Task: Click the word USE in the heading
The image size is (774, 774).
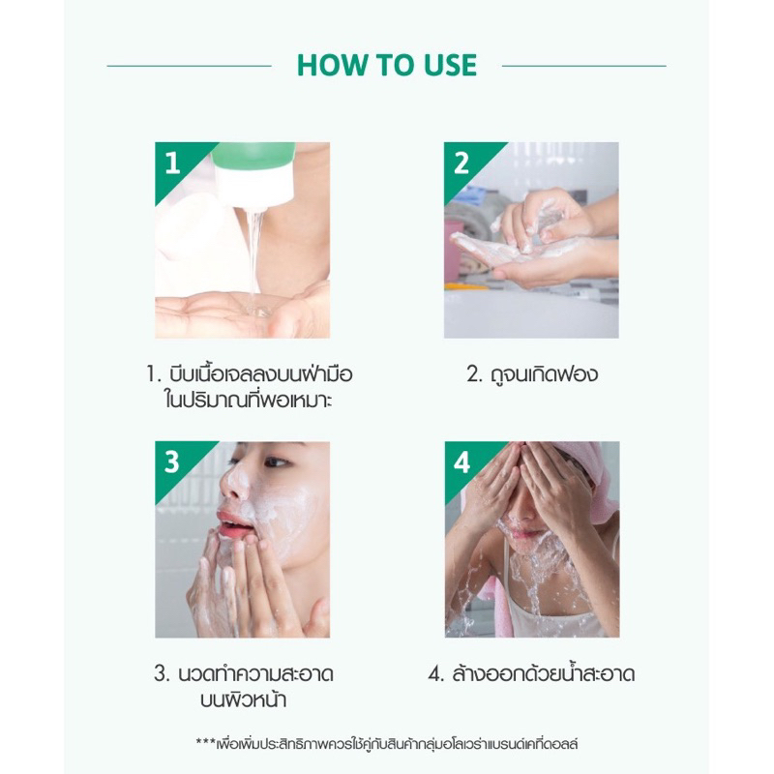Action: pyautogui.click(x=451, y=65)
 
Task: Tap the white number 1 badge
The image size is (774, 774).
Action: pyautogui.click(x=172, y=163)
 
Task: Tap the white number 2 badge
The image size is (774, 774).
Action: pyautogui.click(x=461, y=163)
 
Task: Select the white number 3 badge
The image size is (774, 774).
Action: pyautogui.click(x=172, y=462)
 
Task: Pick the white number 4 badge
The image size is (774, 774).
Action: pyautogui.click(x=461, y=462)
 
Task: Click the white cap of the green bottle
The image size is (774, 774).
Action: pyautogui.click(x=255, y=185)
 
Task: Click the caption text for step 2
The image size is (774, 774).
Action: pyautogui.click(x=531, y=373)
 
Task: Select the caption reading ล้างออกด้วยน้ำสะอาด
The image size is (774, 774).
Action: pyautogui.click(x=531, y=673)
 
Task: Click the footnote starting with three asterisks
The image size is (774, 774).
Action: pyautogui.click(x=386, y=743)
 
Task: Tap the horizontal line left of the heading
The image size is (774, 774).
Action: pyautogui.click(x=189, y=66)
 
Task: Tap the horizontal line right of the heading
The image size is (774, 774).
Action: pyautogui.click(x=584, y=66)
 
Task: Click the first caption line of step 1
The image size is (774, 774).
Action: pyautogui.click(x=250, y=373)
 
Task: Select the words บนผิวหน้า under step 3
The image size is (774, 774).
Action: pyautogui.click(x=244, y=700)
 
